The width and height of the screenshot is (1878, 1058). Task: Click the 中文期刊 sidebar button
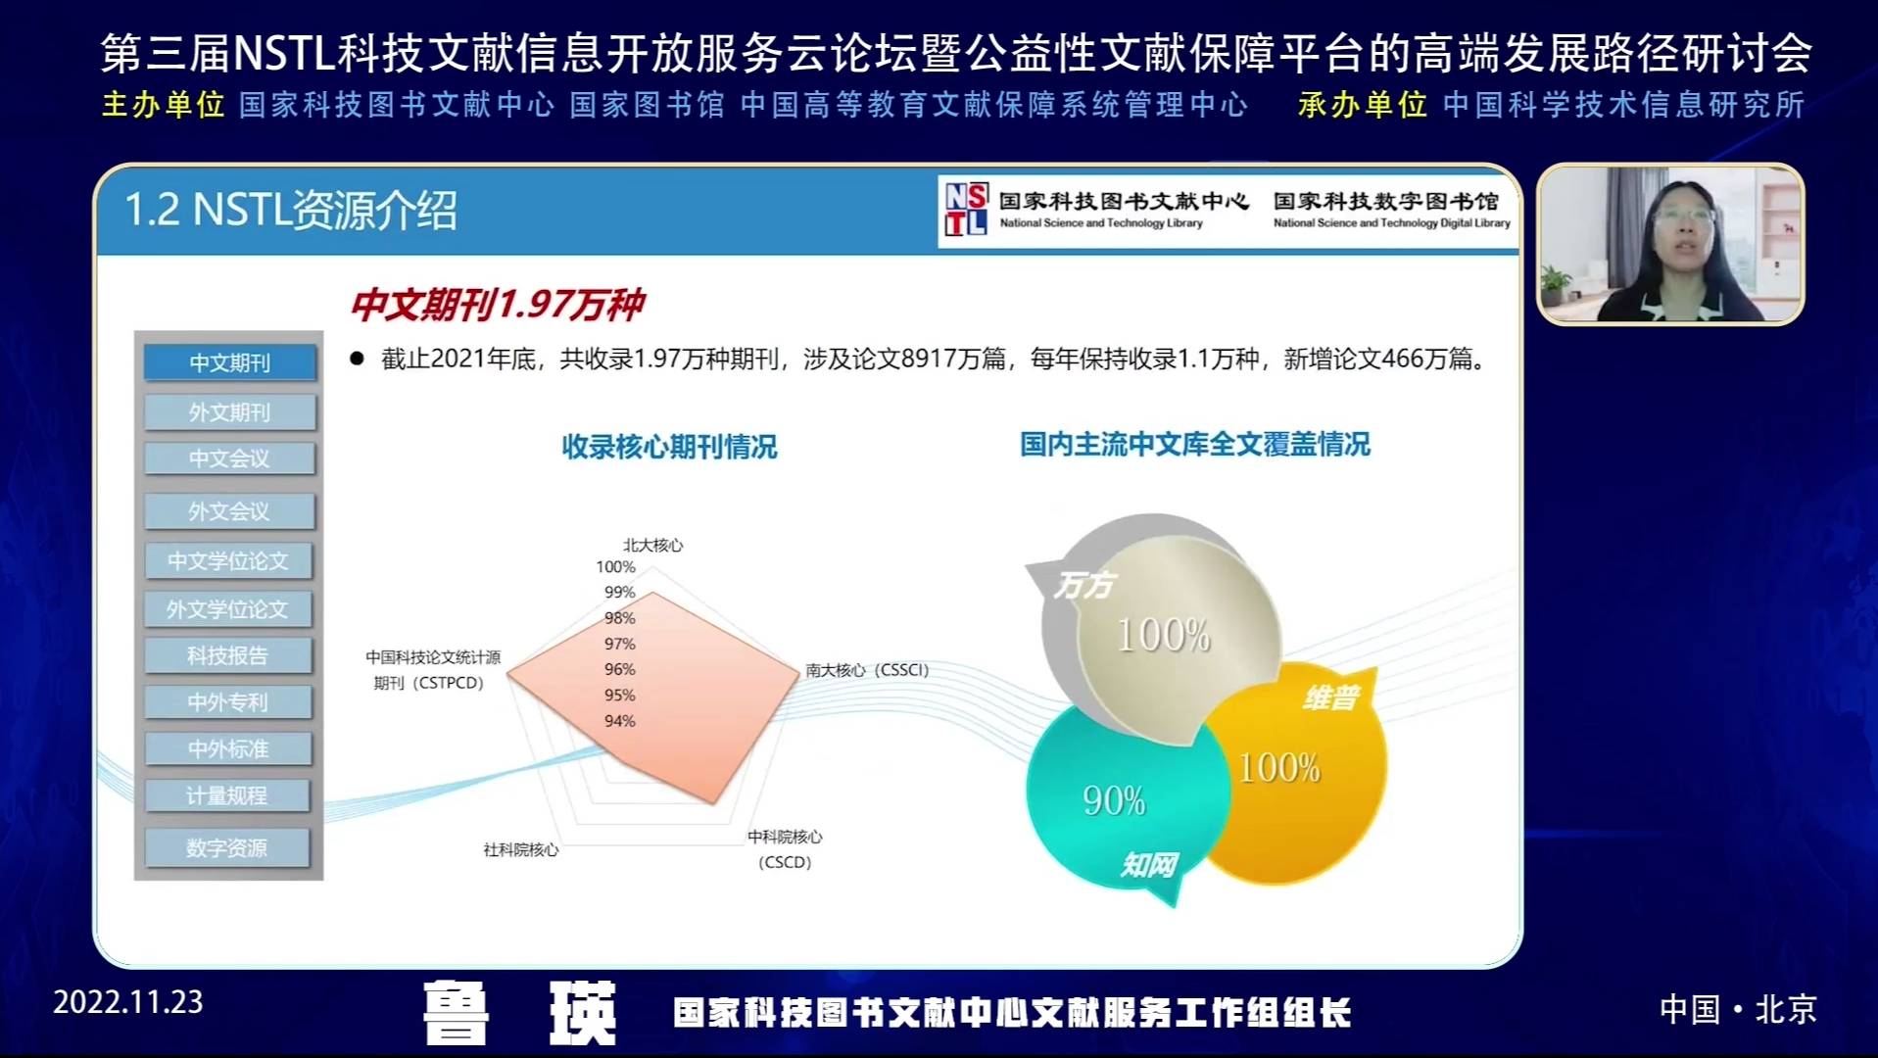[x=230, y=362]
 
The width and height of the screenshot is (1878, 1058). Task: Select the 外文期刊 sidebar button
[x=230, y=412]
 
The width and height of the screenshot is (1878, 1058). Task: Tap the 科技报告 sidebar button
[x=228, y=655]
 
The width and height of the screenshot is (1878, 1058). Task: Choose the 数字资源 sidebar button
[x=227, y=847]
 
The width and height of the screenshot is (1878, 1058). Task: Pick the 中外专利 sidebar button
[x=228, y=701]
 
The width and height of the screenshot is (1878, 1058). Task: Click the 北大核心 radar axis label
[x=653, y=545]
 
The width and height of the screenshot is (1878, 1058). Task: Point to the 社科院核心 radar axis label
[x=521, y=849]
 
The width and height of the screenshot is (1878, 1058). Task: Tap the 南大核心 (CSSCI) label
[x=867, y=670]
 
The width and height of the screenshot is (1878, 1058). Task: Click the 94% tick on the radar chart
[x=620, y=721]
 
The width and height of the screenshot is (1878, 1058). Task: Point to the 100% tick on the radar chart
[x=615, y=566]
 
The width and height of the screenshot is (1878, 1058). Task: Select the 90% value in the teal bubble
[x=1114, y=801]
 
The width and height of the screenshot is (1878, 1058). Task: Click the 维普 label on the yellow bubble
[x=1331, y=697]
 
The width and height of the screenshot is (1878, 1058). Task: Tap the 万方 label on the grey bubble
[x=1084, y=585]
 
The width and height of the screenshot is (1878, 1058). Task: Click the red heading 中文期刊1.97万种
[x=498, y=305]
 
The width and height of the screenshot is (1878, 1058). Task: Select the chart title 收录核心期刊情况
[x=669, y=447]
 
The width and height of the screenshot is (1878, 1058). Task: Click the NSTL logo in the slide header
[x=966, y=210]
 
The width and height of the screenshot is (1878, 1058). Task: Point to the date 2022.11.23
[x=128, y=1002]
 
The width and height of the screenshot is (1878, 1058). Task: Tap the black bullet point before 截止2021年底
[x=357, y=359]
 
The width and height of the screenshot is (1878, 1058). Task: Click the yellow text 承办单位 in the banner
[x=1363, y=105]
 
